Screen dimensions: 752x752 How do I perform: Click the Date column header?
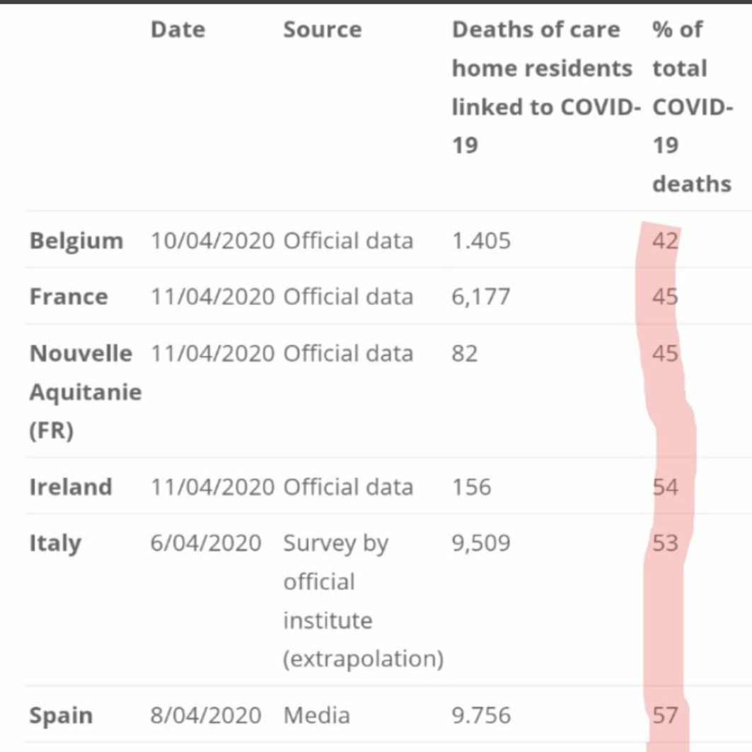(x=178, y=30)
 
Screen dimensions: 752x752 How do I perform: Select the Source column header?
(x=322, y=30)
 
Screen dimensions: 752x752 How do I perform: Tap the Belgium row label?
(x=76, y=241)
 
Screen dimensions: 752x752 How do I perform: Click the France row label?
(x=69, y=296)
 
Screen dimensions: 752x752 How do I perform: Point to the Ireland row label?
(x=71, y=487)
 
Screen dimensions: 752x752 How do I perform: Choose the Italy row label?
(x=55, y=543)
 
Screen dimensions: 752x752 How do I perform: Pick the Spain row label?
(x=61, y=715)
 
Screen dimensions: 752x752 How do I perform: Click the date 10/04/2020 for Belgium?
(x=212, y=241)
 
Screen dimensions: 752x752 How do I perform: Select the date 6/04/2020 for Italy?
(x=205, y=543)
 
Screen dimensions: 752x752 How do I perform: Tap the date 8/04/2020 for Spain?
(x=205, y=715)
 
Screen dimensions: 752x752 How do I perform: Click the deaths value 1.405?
(x=481, y=241)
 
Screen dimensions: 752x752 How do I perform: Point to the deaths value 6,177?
(x=481, y=296)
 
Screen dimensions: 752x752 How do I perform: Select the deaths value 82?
(x=465, y=352)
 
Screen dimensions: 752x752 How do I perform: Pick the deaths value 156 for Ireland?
(x=471, y=487)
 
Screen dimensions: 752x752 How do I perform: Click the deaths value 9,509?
(x=481, y=543)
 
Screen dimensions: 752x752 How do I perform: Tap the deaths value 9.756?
(x=481, y=715)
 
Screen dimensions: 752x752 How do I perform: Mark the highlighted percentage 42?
(x=665, y=241)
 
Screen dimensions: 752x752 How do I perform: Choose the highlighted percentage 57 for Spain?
(x=665, y=715)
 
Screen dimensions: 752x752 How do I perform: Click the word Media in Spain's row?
(x=316, y=715)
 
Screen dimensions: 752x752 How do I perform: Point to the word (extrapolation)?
(x=364, y=659)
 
